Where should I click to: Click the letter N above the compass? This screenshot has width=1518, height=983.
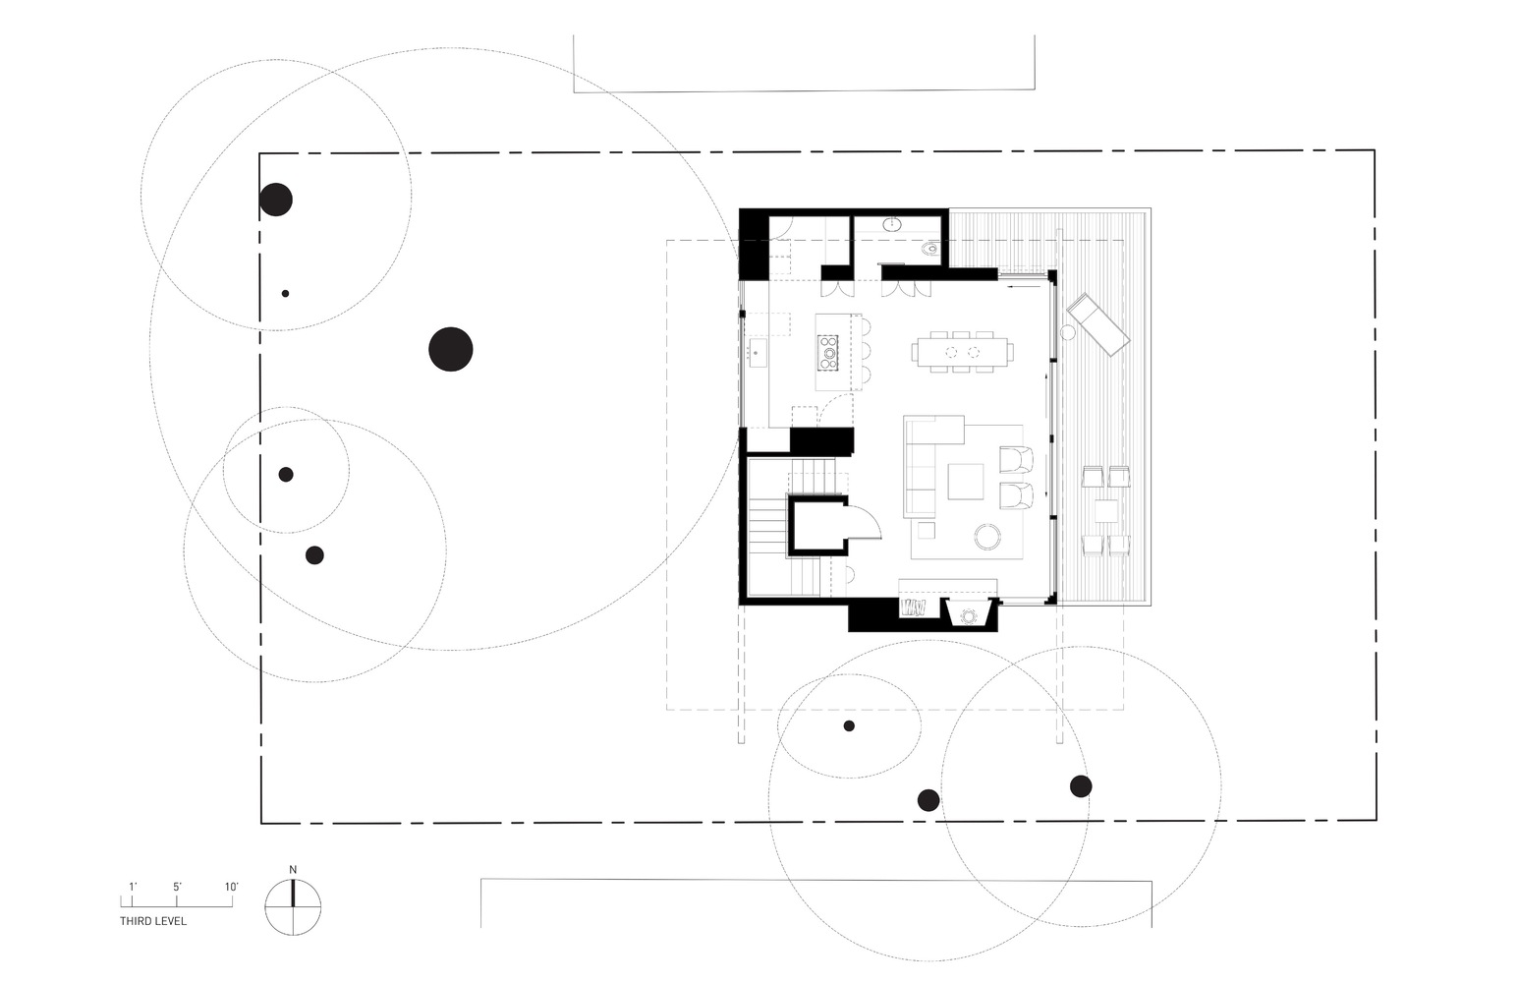(293, 869)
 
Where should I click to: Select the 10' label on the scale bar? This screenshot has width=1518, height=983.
(231, 887)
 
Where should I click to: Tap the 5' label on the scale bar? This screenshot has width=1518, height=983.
(177, 887)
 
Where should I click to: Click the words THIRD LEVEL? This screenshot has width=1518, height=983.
(153, 921)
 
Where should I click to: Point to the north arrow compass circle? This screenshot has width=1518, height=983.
(293, 906)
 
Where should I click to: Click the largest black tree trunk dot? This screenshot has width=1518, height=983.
(451, 349)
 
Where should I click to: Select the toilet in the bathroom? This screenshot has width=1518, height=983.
(929, 250)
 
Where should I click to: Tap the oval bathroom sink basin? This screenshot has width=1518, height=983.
(893, 224)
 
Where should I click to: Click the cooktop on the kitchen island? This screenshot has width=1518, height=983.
(828, 352)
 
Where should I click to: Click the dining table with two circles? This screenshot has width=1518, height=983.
(962, 351)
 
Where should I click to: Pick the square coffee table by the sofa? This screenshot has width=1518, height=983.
(965, 482)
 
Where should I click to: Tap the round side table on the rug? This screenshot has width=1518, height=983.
(986, 536)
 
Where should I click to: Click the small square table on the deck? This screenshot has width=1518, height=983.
(1106, 511)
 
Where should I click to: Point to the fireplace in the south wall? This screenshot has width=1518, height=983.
(970, 614)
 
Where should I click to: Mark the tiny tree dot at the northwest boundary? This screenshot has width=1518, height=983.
(285, 293)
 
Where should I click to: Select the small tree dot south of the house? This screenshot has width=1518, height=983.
(849, 725)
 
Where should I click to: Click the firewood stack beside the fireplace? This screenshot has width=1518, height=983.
(915, 608)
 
